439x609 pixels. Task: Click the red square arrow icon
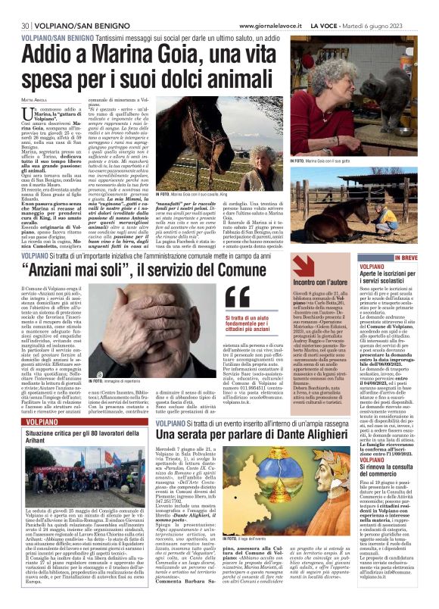click(302, 264)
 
